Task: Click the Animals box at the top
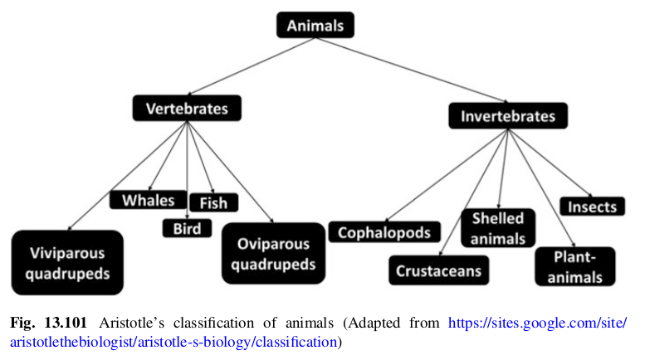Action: click(x=315, y=26)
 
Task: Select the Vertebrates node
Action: click(x=187, y=108)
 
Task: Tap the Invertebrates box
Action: click(x=507, y=116)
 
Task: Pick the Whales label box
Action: click(x=148, y=200)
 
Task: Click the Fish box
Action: click(x=213, y=202)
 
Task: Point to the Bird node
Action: click(x=187, y=227)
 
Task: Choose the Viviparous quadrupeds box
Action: click(x=67, y=262)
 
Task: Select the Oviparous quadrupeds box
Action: click(x=273, y=254)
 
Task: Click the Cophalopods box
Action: click(x=384, y=231)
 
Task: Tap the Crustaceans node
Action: click(x=437, y=270)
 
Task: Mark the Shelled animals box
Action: click(x=498, y=228)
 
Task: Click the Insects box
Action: click(x=593, y=207)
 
